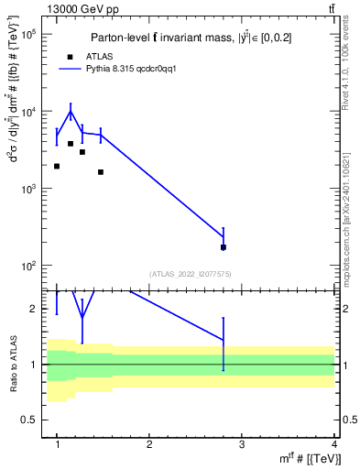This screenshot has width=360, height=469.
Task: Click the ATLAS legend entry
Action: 98,56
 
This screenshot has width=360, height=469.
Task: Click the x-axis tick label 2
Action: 149,443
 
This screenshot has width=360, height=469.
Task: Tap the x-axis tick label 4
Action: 334,443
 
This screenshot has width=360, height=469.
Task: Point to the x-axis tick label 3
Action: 242,443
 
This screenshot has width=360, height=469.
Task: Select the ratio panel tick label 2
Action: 33,310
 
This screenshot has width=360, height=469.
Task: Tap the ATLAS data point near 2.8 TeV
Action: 224,247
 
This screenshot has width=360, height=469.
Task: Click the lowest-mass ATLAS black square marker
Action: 57,166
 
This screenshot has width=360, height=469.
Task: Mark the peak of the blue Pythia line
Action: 71,113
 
